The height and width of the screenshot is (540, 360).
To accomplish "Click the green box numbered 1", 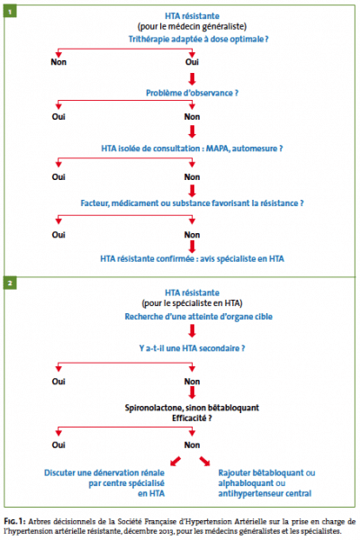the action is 10,12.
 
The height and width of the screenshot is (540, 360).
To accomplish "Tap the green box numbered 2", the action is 10,283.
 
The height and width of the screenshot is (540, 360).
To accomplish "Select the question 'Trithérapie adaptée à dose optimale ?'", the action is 198,40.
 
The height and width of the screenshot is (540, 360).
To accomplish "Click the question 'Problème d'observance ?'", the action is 192,93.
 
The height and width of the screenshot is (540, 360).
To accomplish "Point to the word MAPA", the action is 218,148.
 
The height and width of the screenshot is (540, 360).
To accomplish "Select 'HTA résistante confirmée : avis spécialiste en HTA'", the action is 193,258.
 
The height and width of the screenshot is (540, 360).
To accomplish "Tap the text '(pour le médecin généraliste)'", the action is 193,26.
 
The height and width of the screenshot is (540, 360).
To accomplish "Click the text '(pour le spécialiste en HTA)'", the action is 193,303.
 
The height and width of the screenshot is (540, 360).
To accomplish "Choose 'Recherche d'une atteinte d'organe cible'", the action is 198,317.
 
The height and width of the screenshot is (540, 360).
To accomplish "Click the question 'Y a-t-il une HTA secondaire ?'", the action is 192,348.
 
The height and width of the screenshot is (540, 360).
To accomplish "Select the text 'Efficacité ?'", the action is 192,418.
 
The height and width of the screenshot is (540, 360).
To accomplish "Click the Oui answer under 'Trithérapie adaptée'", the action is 192,62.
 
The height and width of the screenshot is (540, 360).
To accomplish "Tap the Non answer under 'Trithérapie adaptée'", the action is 58,62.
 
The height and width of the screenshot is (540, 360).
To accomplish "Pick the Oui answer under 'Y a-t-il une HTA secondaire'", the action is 58,382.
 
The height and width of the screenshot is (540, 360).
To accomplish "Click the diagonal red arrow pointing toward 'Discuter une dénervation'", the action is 175,461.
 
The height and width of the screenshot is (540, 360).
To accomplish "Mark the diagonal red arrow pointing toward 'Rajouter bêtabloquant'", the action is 204,461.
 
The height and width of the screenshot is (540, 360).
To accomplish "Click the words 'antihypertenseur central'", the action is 265,493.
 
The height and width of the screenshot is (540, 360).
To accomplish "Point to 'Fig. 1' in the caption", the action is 14,521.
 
